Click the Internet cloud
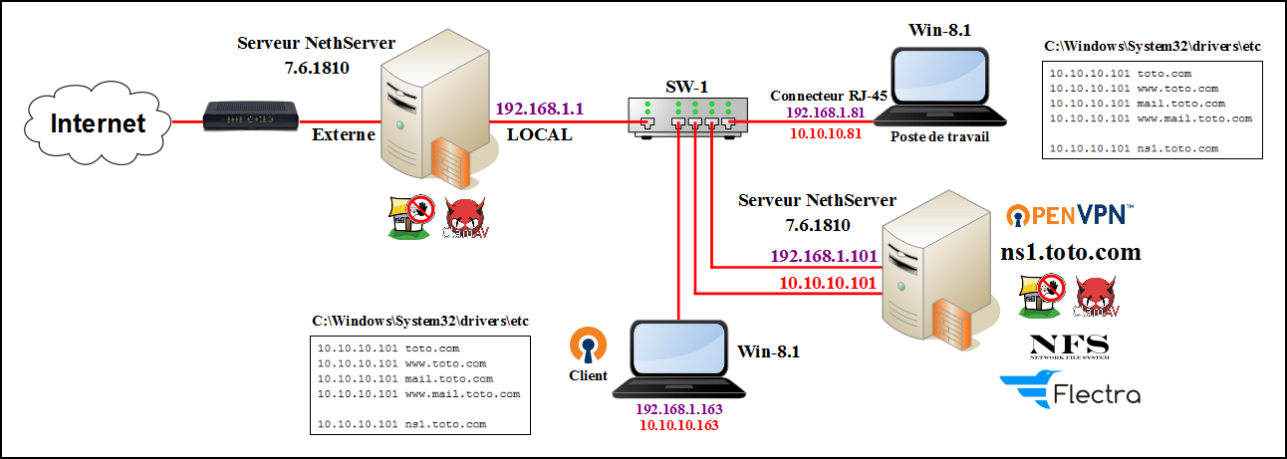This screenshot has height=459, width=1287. [x=98, y=123]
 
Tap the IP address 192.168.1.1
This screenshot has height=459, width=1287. [x=539, y=108]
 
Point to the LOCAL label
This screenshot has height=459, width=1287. [x=540, y=134]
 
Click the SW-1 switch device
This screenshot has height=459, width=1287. [x=686, y=115]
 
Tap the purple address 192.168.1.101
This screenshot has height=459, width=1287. [x=824, y=256]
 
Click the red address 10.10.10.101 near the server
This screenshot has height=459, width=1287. [x=828, y=283]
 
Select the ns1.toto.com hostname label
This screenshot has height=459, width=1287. [x=1070, y=252]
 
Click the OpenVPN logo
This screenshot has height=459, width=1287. [x=1069, y=213]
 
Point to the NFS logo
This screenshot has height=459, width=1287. [x=1069, y=345]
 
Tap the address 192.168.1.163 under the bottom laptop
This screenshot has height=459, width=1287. [x=678, y=409]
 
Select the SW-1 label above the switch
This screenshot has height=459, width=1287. [x=686, y=86]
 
